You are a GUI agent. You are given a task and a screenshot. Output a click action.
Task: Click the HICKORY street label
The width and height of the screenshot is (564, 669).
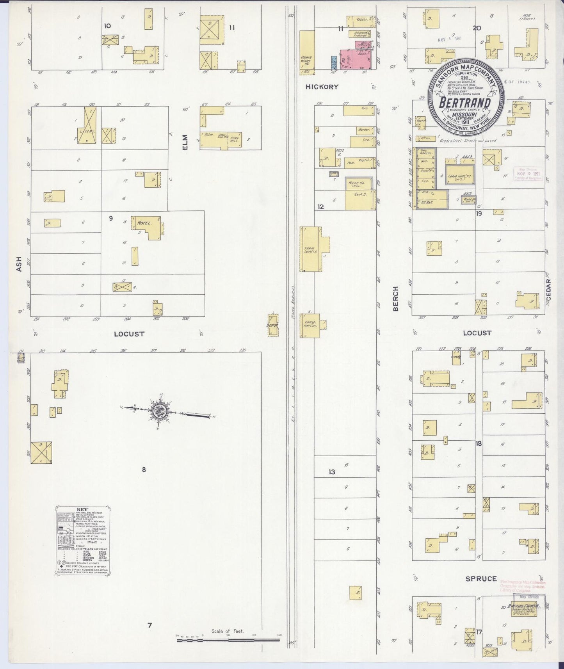click(x=322, y=87)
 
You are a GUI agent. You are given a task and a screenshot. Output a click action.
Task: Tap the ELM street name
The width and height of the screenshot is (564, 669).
click(x=185, y=142)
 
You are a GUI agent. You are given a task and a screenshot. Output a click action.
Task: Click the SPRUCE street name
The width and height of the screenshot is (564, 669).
click(x=481, y=578)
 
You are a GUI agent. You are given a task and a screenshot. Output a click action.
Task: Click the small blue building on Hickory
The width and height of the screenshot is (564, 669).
click(x=334, y=62)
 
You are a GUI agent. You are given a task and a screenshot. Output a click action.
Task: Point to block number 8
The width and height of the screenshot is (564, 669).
click(x=144, y=470)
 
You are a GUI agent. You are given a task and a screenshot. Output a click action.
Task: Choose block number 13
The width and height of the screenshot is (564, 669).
click(x=331, y=472)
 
